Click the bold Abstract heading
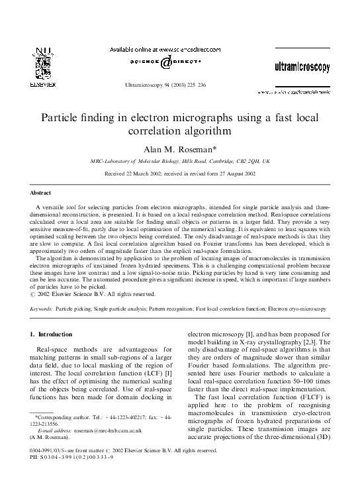coord(40,192)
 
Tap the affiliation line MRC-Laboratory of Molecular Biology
coord(180,161)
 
